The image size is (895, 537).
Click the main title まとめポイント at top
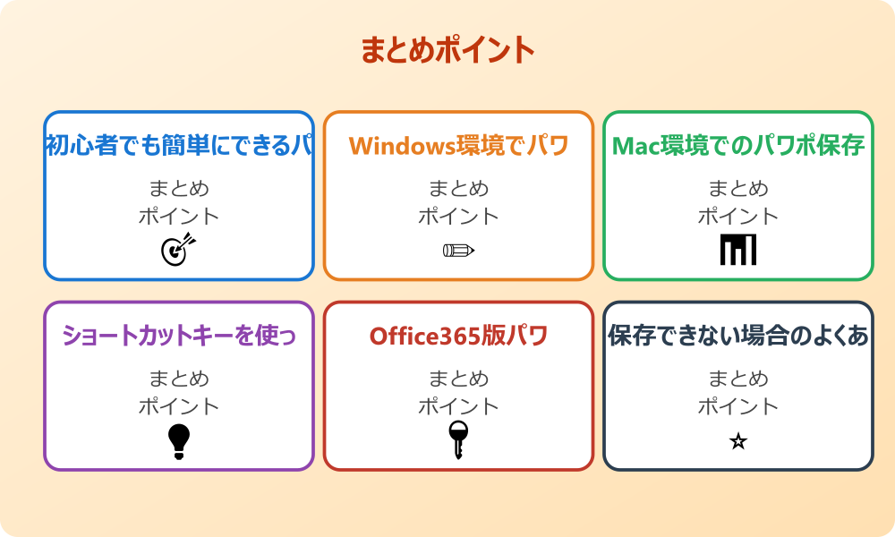tap(447, 50)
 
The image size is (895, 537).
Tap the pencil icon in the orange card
tap(458, 250)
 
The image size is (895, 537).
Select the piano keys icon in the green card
tap(738, 250)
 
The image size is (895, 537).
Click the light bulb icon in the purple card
tap(179, 441)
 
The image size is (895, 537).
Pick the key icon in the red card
tap(458, 439)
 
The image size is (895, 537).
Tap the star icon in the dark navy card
tap(738, 441)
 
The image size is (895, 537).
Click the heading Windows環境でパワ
tap(458, 146)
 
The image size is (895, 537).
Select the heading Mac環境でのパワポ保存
tap(738, 146)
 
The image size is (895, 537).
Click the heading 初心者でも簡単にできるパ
tap(179, 146)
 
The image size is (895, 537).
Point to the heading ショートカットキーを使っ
tap(179, 337)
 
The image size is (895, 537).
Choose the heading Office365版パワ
tap(458, 337)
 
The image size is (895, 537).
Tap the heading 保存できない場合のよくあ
tap(738, 337)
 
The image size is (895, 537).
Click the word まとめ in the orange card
tap(458, 189)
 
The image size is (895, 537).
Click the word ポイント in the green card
tap(738, 216)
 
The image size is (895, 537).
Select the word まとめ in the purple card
tap(179, 379)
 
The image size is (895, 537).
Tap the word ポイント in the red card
tap(458, 406)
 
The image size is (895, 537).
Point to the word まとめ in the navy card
tap(738, 379)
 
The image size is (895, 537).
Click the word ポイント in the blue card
tap(179, 216)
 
